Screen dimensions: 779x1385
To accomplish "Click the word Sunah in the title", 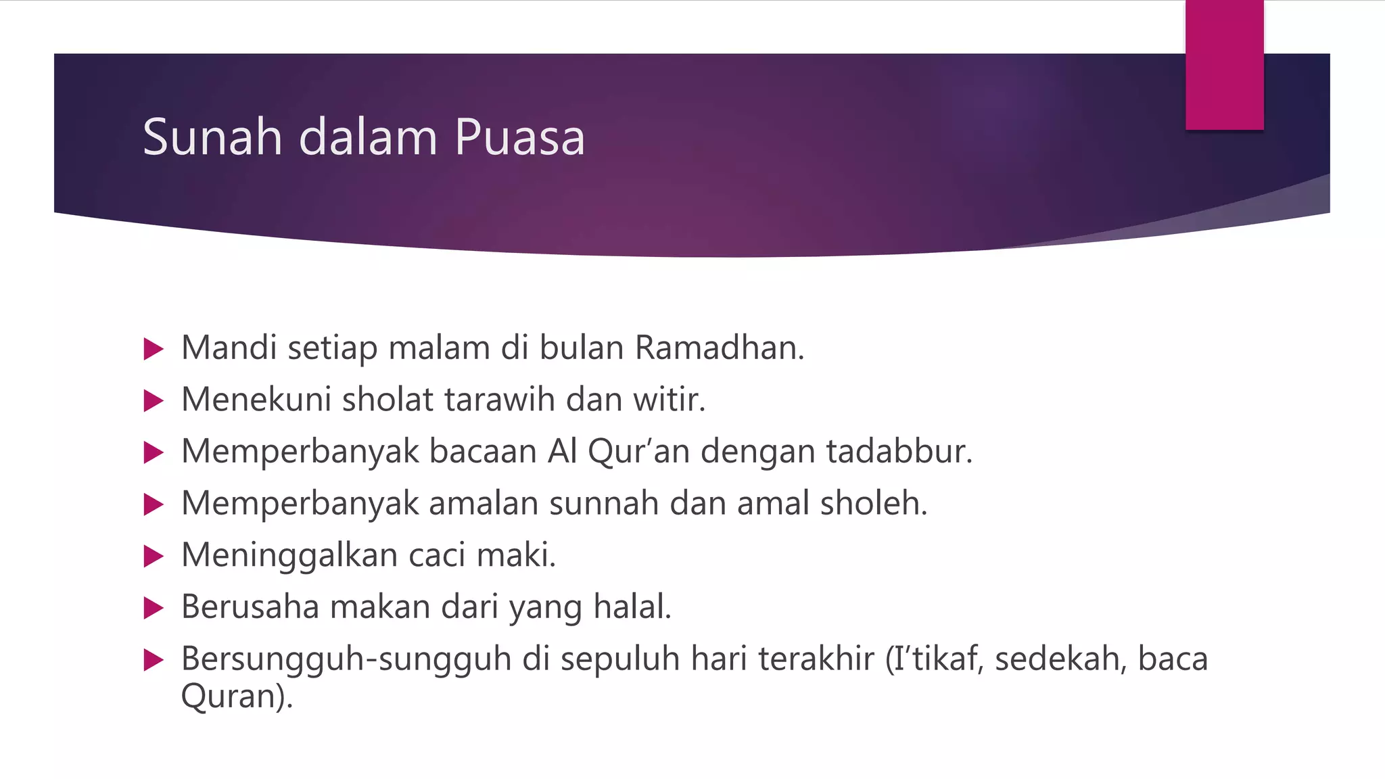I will point(212,137).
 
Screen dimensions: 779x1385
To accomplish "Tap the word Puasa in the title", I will point(519,137).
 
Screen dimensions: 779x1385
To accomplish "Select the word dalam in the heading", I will point(368,137).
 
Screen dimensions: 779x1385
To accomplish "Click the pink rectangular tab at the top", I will point(1224,65).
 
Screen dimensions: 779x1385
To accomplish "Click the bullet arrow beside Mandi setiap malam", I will point(154,349).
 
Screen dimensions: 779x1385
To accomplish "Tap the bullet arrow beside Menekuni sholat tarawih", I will point(154,401).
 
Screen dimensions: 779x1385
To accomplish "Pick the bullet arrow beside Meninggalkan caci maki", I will point(154,557).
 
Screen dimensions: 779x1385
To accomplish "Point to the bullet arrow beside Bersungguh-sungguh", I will point(154,660).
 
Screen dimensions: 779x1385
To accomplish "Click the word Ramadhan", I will point(718,348).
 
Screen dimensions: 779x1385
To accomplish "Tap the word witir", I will point(669,400).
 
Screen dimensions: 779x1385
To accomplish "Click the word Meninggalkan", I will point(289,556).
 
